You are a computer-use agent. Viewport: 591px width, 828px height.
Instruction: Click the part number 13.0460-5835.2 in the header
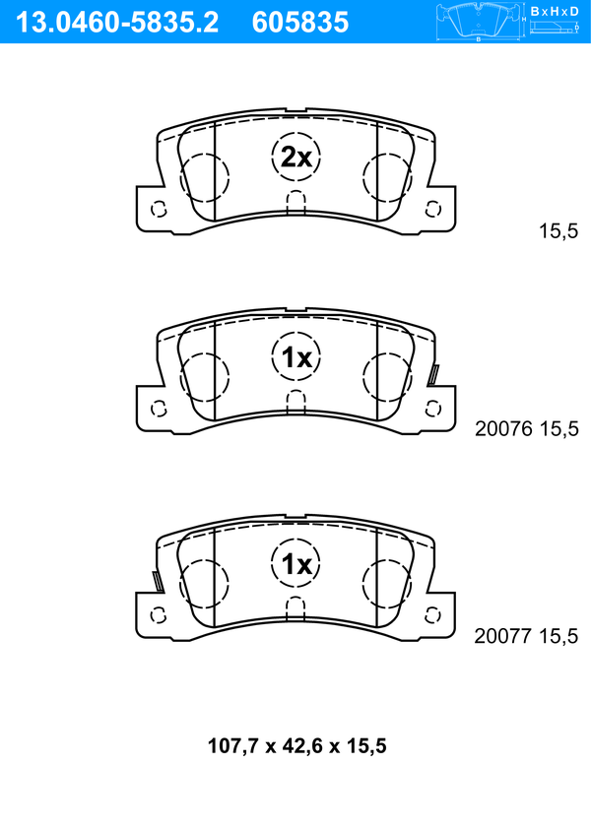117,23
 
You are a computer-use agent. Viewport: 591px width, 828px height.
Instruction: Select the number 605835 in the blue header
300,23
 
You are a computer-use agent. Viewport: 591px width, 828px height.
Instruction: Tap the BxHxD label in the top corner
555,11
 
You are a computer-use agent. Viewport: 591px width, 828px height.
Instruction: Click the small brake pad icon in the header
479,22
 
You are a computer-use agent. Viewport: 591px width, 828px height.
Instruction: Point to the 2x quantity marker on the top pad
296,157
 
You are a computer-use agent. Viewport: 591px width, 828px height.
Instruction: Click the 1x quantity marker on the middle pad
296,358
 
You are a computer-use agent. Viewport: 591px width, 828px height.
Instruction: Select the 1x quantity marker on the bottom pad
295,564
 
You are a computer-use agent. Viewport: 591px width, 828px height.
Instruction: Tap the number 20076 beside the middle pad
504,429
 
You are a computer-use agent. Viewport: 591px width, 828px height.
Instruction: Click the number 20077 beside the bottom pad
502,636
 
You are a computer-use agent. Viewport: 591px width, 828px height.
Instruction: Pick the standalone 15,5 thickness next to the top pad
558,231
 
